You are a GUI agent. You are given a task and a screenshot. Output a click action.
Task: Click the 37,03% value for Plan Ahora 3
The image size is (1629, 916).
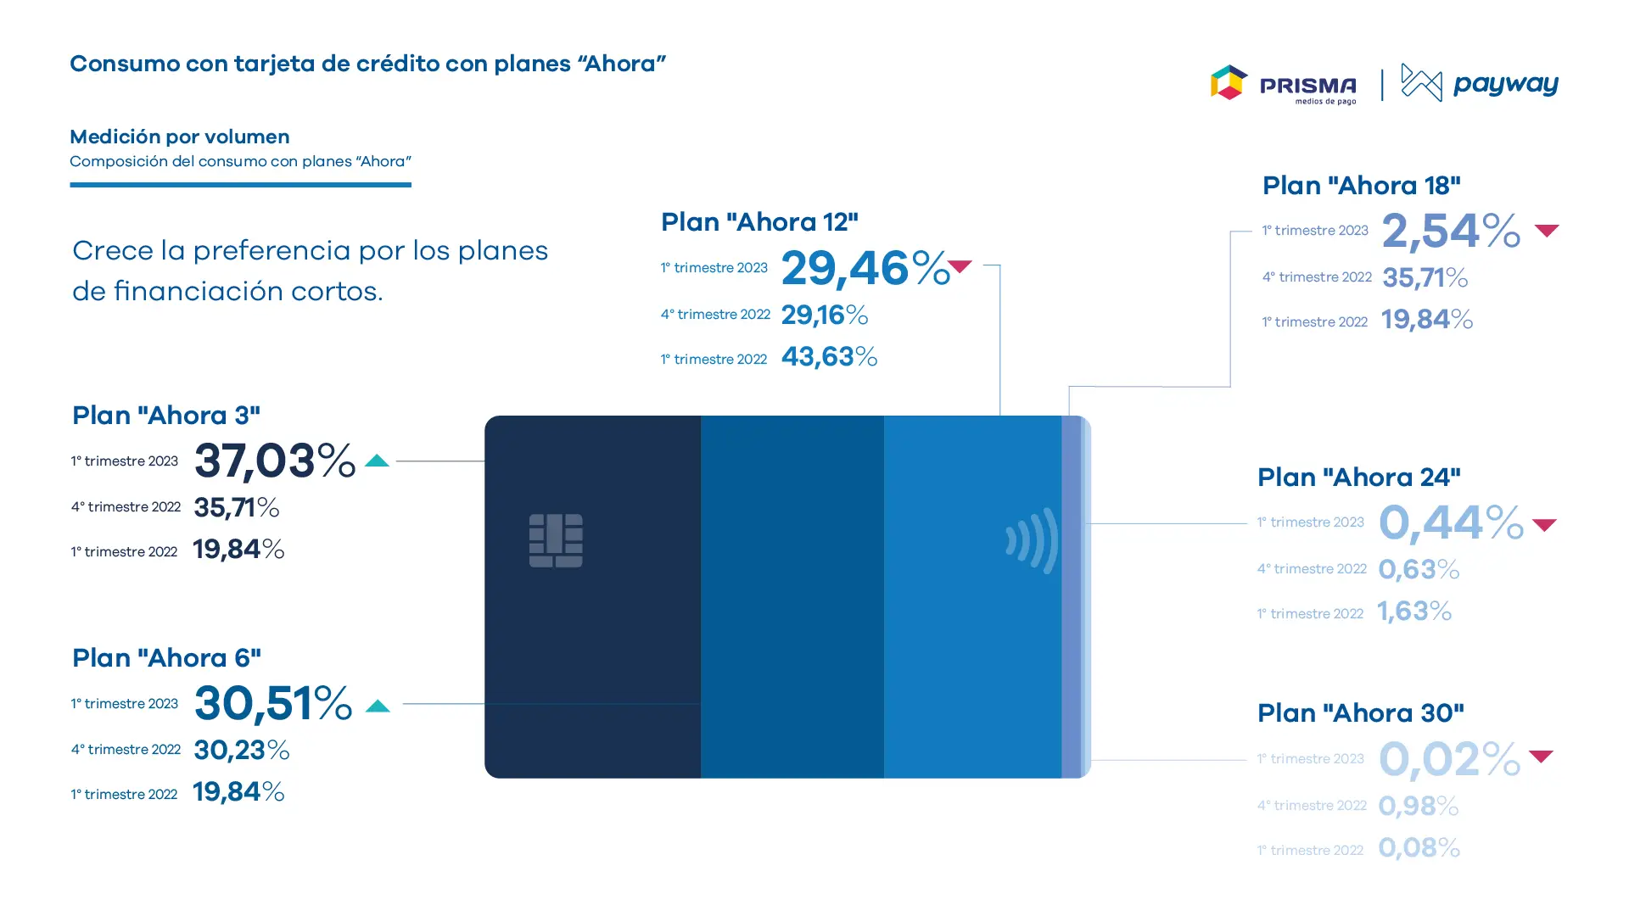pyautogui.click(x=275, y=461)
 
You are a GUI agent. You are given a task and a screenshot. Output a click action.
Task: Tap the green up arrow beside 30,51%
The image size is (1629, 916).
pyautogui.click(x=378, y=706)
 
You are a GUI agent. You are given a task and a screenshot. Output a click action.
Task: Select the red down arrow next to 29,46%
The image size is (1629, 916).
pyautogui.click(x=960, y=266)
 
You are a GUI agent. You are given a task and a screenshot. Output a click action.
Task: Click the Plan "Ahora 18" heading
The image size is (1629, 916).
pyautogui.click(x=1362, y=186)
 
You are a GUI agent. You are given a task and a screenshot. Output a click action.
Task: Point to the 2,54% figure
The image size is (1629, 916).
pyautogui.click(x=1451, y=231)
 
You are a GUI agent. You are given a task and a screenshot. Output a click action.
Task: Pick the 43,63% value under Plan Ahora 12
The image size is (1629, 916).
pyautogui.click(x=829, y=356)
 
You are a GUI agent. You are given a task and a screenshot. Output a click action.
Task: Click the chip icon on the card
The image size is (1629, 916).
pyautogui.click(x=556, y=540)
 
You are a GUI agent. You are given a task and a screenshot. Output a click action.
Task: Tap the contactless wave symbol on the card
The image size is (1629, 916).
pyautogui.click(x=1032, y=541)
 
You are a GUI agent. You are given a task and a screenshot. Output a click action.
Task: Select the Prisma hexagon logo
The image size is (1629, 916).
pyautogui.click(x=1229, y=82)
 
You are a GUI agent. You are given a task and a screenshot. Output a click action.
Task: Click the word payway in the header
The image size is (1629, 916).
pyautogui.click(x=1506, y=85)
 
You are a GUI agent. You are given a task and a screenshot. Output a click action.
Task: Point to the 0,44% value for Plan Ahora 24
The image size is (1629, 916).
pyautogui.click(x=1451, y=522)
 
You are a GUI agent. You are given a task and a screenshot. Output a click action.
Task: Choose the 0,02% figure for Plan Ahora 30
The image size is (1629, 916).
pyautogui.click(x=1449, y=758)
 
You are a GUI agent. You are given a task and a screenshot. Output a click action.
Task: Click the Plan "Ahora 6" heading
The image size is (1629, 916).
pyautogui.click(x=166, y=658)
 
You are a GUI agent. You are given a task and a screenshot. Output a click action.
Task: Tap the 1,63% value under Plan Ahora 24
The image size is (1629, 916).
pyautogui.click(x=1414, y=612)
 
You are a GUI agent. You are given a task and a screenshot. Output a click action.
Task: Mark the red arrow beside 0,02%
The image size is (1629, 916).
pyautogui.click(x=1541, y=756)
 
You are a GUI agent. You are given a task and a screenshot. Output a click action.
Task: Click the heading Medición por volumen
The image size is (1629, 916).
pyautogui.click(x=180, y=137)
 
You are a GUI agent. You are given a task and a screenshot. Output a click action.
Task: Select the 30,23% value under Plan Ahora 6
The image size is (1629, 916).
pyautogui.click(x=242, y=750)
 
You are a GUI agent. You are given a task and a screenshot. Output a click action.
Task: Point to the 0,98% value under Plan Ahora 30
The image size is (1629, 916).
pyautogui.click(x=1419, y=806)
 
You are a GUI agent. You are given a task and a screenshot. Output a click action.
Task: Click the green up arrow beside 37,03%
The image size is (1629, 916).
pyautogui.click(x=377, y=461)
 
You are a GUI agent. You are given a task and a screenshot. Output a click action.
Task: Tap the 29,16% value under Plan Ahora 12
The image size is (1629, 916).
pyautogui.click(x=825, y=315)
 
